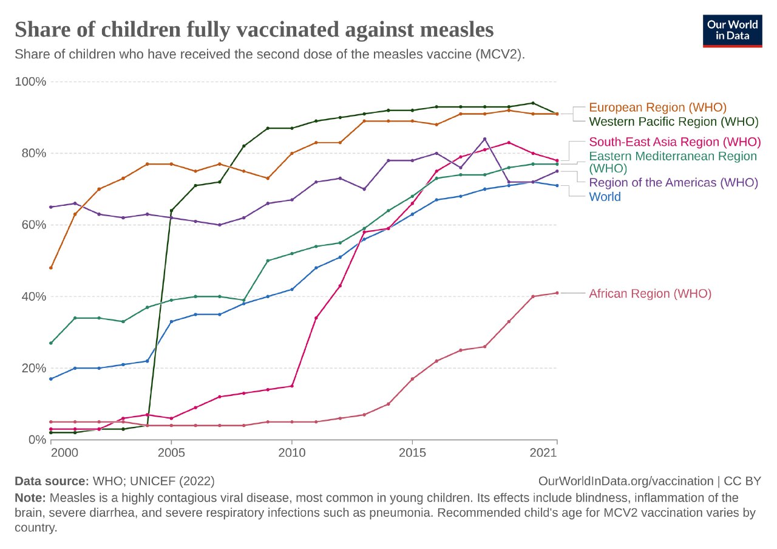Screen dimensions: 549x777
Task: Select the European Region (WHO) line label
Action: [x=657, y=107]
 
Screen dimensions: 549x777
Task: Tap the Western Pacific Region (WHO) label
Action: [x=674, y=121]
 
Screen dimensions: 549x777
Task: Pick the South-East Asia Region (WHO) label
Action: [x=674, y=142]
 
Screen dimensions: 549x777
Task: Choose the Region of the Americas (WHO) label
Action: [x=673, y=182]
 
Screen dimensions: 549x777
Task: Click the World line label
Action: [x=605, y=197]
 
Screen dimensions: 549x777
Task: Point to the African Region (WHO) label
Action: [x=650, y=293]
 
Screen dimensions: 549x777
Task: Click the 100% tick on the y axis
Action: [x=30, y=81]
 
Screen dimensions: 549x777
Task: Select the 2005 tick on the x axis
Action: [x=171, y=452]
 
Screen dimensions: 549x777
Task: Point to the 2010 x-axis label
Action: [x=291, y=452]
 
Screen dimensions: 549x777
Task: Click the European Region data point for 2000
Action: [x=51, y=268]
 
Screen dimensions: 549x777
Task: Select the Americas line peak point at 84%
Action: [x=484, y=139]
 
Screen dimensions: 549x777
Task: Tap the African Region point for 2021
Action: [x=557, y=293]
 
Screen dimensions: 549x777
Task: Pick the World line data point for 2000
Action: [x=51, y=379]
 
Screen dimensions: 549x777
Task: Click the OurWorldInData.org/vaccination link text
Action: [x=626, y=481]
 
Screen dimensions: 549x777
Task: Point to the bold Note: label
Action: [x=31, y=498]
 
